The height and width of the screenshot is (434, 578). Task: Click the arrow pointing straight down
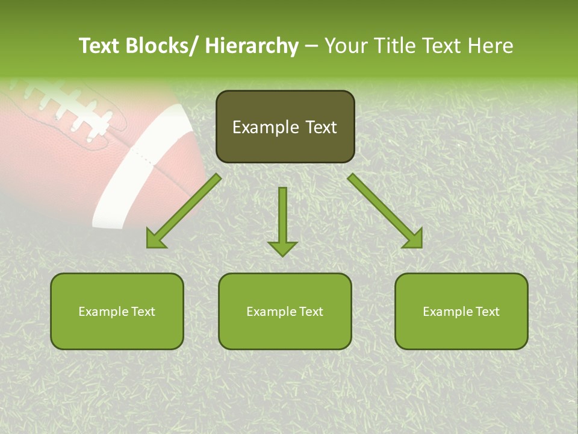pyautogui.click(x=282, y=220)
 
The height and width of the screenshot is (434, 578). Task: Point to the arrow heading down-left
pyautogui.click(x=184, y=211)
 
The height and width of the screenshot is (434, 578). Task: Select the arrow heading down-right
pyautogui.click(x=385, y=211)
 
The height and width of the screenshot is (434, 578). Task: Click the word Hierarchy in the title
pyautogui.click(x=252, y=46)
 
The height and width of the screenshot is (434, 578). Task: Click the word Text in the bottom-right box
pyautogui.click(x=486, y=312)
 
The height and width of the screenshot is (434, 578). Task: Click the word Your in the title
pyautogui.click(x=346, y=46)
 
